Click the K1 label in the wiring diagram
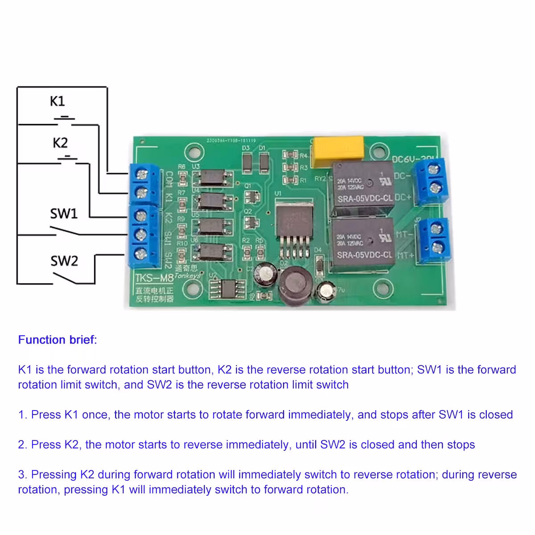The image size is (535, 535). coord(58,101)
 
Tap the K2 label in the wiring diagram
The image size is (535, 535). coord(60,143)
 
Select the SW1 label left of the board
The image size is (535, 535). coord(64,214)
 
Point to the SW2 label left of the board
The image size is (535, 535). coord(64,261)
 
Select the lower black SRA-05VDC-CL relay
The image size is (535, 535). coord(363,244)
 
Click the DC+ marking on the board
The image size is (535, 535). coord(403,197)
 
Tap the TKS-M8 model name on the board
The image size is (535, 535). coord(154,278)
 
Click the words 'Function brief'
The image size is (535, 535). coord(57,340)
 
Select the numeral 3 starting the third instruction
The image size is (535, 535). coord(22,474)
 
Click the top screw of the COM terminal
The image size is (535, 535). coord(141,173)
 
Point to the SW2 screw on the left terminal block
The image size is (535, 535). coord(141,254)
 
